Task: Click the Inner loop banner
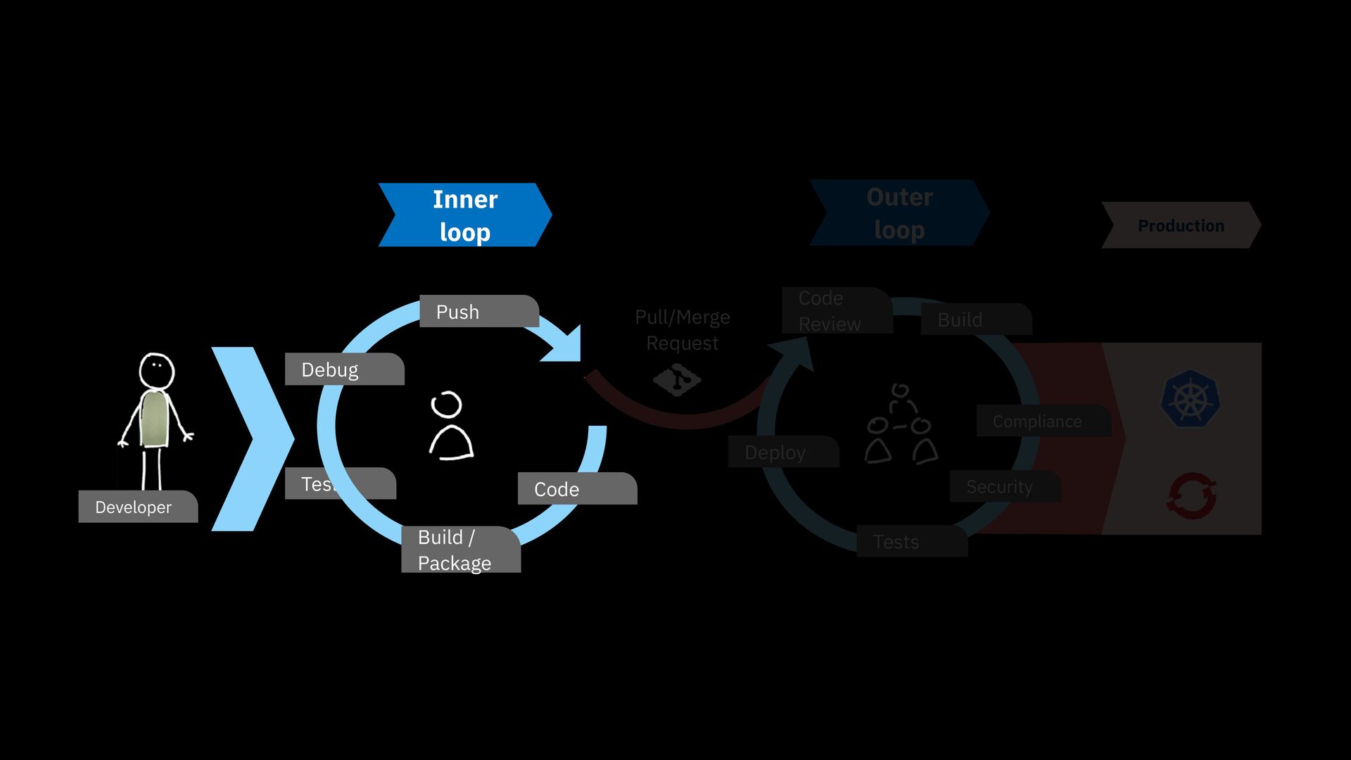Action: point(464,215)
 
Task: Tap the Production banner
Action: point(1181,225)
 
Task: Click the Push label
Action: point(478,311)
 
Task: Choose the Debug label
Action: point(344,369)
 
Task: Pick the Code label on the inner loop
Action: point(576,488)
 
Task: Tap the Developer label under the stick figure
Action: point(137,507)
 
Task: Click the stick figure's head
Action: point(156,369)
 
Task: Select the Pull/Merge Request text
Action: point(682,330)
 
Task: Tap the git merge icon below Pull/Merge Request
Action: point(677,380)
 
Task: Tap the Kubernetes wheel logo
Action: point(1191,399)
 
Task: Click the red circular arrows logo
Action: point(1191,496)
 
